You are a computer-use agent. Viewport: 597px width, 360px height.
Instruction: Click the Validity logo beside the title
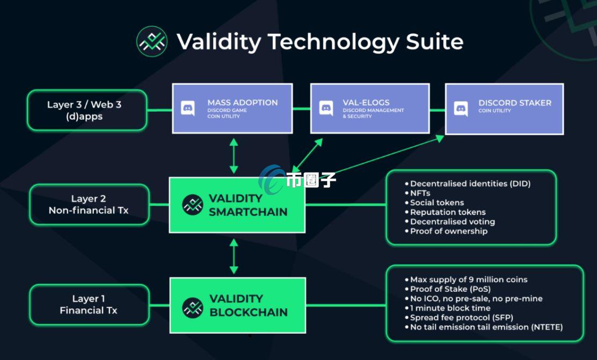coord(152,41)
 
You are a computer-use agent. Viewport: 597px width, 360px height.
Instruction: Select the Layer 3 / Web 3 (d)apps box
coord(87,110)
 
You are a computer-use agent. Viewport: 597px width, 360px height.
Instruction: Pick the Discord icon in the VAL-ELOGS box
coord(326,108)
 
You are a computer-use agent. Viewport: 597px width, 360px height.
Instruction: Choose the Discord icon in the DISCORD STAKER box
coord(461,108)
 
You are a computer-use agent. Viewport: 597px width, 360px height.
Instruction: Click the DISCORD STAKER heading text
coord(515,103)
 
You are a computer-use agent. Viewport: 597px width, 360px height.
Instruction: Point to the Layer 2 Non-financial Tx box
coord(89,205)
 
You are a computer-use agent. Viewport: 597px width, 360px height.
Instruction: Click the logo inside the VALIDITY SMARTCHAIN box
coord(193,205)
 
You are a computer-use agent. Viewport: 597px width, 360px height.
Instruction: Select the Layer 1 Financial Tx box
coord(89,305)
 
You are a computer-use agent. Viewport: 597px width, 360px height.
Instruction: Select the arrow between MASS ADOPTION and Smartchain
coord(234,156)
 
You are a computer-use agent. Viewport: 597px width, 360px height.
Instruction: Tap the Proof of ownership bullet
coord(448,231)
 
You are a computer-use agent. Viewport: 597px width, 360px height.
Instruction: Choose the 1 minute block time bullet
coord(450,308)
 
